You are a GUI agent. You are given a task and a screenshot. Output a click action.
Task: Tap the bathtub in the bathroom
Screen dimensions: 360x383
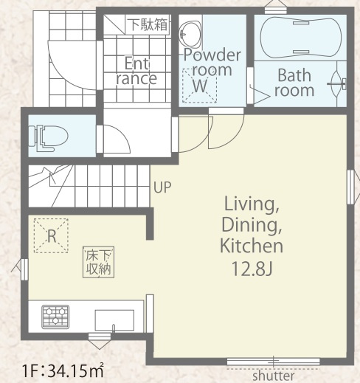coord(301,38)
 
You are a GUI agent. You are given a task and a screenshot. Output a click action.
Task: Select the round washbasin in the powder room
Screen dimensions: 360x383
coord(190,34)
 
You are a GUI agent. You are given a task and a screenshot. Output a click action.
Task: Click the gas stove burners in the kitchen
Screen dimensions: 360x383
coord(55,317)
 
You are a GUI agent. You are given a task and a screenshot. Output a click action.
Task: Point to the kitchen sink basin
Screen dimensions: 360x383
coord(114,320)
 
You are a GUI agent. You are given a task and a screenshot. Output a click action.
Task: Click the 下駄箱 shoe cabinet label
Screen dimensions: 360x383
coord(148,24)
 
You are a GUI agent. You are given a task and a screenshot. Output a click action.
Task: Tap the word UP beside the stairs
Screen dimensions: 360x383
coord(162,187)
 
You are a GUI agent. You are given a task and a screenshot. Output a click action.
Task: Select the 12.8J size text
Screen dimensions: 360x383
coord(252,269)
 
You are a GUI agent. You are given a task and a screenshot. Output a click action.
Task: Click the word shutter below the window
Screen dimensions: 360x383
coord(274,376)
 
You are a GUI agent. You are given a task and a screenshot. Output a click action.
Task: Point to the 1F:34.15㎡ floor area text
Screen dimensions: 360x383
coord(63,371)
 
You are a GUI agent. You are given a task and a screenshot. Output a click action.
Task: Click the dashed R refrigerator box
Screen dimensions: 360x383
coord(51,235)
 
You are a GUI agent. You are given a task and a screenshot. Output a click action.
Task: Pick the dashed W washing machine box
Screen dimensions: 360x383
coord(199,86)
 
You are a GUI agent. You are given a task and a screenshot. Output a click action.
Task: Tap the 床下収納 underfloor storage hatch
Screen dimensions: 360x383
coord(98,262)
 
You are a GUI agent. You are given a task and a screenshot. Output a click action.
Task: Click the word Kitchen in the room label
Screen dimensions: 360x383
coord(252,246)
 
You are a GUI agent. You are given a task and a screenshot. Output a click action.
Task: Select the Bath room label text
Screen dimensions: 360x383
coord(294,83)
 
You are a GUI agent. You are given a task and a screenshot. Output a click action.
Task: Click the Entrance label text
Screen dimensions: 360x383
coord(136,71)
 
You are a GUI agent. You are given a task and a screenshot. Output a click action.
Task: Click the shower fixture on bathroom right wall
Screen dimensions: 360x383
coord(337,83)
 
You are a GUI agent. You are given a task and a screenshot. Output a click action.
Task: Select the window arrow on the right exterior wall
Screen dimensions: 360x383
coord(353,187)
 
